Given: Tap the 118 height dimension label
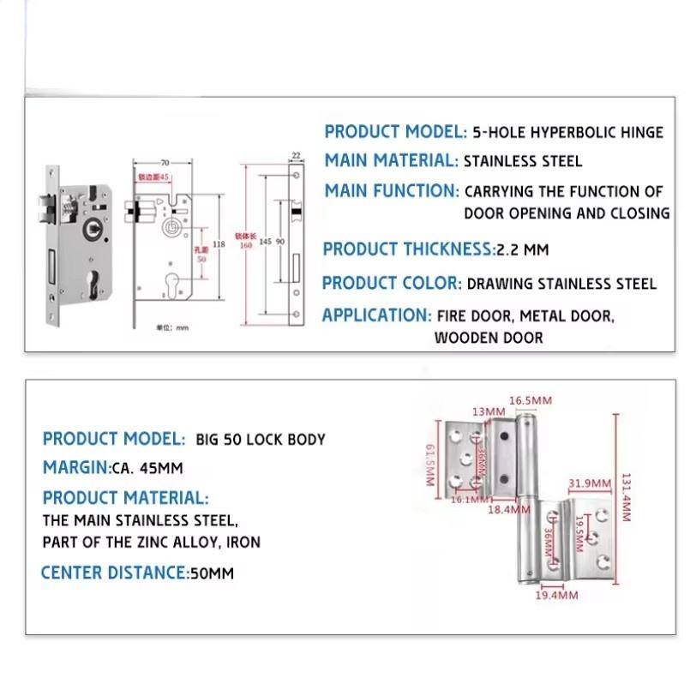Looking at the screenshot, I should coord(219,244).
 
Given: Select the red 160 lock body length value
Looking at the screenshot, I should coord(246,246).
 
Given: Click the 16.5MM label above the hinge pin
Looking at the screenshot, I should coord(531,400).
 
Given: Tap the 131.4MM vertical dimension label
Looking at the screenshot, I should coord(627,502).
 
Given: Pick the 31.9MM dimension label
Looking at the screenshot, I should coord(589,483).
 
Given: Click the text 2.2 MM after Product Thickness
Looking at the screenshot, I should coord(523,250).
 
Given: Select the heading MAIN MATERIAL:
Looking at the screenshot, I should coord(391,160).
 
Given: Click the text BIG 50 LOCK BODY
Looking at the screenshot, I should coord(261,440).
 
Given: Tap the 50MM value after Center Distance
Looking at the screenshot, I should coord(211,573).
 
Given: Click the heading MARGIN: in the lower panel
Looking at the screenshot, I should coord(76,468).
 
